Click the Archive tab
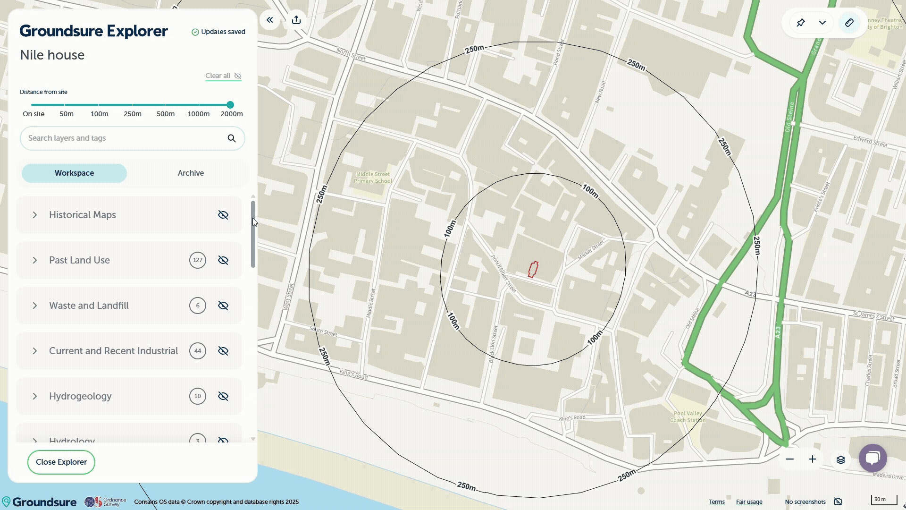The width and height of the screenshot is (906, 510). [191, 173]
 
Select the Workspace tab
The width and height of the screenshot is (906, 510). [74, 173]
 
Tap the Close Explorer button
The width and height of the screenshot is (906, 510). [61, 462]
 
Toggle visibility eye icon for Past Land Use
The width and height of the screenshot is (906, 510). [223, 260]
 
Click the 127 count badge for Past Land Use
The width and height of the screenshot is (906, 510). [198, 260]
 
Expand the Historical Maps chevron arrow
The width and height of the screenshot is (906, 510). [34, 215]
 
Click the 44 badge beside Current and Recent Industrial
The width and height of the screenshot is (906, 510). [198, 351]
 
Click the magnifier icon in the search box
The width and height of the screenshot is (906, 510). [232, 138]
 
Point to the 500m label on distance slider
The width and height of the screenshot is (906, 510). [166, 114]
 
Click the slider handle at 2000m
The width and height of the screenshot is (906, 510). [230, 105]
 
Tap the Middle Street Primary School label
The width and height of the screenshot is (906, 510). [373, 178]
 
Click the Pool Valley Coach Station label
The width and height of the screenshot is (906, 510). [688, 416]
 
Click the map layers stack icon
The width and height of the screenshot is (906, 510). [840, 459]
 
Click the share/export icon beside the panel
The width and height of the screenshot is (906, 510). [296, 20]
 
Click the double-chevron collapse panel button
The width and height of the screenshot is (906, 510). [270, 20]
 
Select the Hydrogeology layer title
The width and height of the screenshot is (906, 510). [80, 396]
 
